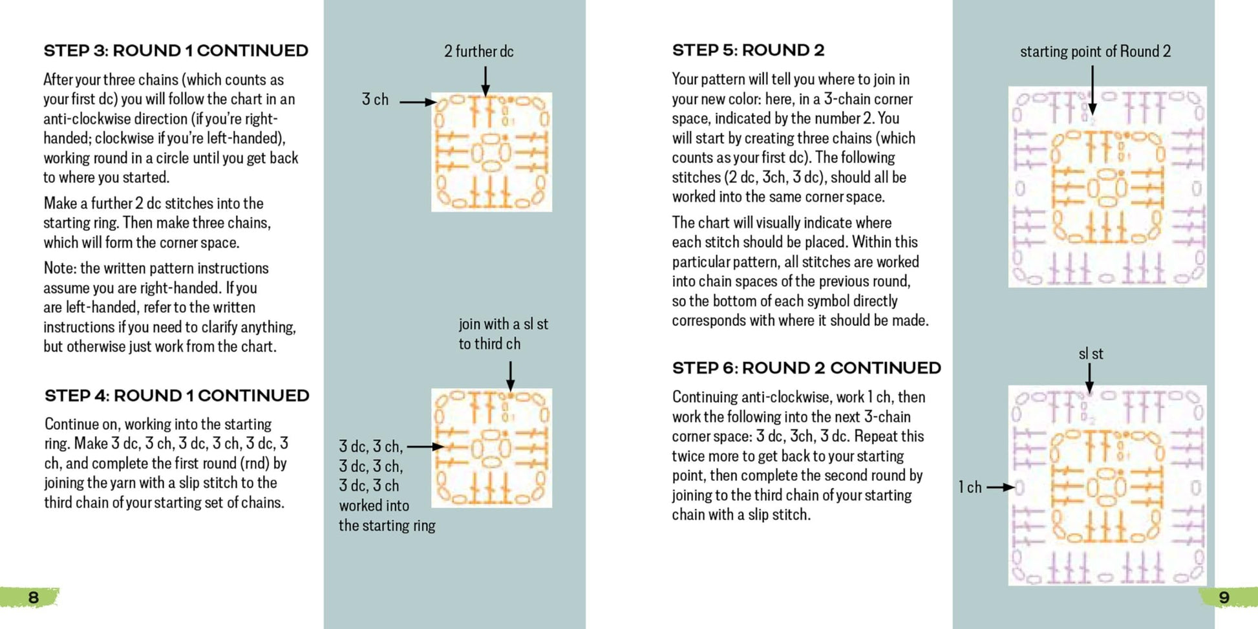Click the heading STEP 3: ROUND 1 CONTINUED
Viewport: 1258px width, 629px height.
176,50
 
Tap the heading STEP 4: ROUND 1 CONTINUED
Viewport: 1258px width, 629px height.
176,396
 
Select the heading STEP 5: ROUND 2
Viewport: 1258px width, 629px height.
748,50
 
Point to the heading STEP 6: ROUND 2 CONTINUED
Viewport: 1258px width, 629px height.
806,368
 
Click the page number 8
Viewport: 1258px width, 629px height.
33,597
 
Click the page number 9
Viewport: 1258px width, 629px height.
1224,597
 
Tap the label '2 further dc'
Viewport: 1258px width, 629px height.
478,52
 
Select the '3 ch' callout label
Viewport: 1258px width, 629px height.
375,100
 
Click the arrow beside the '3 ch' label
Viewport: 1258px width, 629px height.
418,101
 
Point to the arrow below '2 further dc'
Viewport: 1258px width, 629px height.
485,81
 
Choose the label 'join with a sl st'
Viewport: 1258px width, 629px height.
503,324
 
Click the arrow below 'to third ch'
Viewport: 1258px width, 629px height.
510,376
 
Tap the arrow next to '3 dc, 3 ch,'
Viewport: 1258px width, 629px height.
425,446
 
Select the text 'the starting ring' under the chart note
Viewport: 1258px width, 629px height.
387,526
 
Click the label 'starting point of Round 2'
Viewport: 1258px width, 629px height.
1095,52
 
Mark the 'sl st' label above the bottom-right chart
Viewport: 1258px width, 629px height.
1091,354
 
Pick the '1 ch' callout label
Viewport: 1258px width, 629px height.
970,487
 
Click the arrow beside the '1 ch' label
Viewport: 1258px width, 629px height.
1000,487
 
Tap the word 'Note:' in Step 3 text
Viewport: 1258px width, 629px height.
59,268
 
